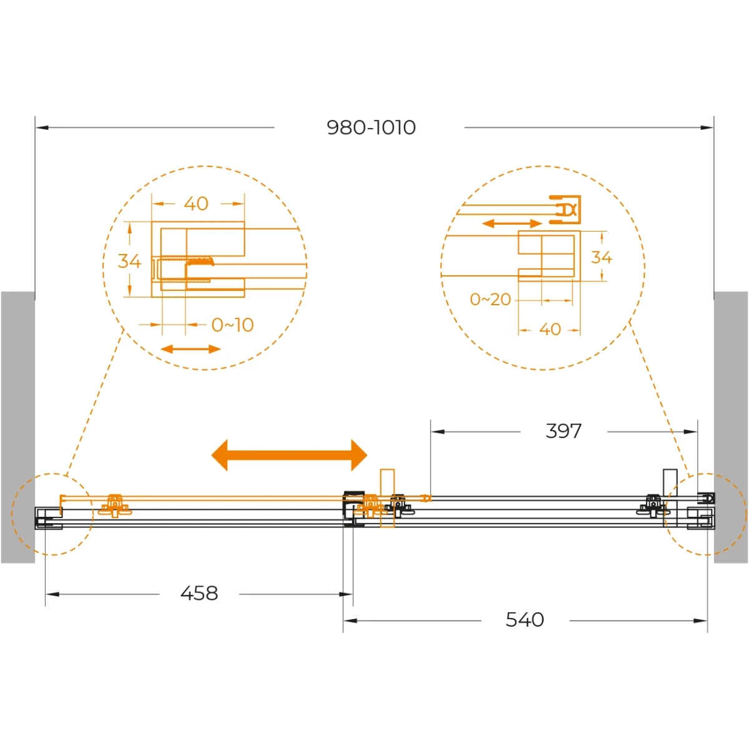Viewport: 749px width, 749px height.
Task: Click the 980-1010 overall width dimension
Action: pos(371,127)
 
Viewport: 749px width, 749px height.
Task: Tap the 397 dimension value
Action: pos(563,431)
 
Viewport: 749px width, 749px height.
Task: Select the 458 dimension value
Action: pos(199,594)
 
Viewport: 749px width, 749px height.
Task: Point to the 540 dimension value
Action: pos(525,620)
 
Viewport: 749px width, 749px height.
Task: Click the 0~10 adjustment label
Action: pos(232,325)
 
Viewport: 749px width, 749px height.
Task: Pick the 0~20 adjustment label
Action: pos(490,300)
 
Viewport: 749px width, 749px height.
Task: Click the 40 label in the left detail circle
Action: pos(196,203)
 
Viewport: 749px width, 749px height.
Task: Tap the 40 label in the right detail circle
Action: pos(550,330)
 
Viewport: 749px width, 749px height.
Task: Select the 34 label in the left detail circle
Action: pos(129,261)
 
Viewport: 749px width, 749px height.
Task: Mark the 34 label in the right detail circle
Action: pos(601,257)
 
